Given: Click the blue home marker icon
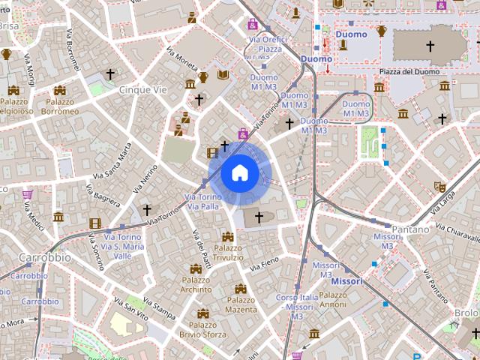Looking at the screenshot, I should [239, 173].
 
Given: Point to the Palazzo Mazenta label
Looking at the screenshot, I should [241, 304].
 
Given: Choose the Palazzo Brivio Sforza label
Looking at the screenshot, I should [202, 330].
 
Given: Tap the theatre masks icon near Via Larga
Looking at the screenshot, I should [439, 185].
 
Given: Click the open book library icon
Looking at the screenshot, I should [223, 75].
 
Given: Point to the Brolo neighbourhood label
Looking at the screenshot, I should [466, 313].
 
